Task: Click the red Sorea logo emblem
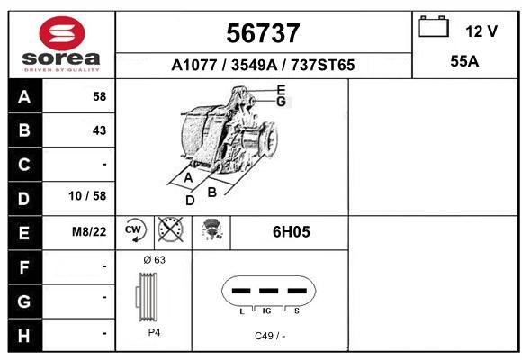pos(62,33)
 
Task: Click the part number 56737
pos(263,33)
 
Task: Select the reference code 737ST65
pos(323,65)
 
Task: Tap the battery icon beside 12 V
pos(434,26)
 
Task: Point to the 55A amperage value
pos(464,61)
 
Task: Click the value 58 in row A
pos(100,96)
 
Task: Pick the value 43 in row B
pos(100,130)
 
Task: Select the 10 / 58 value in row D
pos(87,196)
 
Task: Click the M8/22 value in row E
pos(89,231)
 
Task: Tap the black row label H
pos(24,336)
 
